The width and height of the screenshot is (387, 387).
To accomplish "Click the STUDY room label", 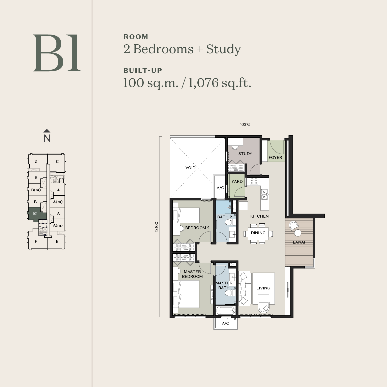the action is point(245,154).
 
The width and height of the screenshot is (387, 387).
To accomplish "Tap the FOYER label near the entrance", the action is point(275,157).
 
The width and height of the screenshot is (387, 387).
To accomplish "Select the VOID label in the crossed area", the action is point(190,168).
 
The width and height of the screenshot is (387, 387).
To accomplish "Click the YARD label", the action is point(237,181).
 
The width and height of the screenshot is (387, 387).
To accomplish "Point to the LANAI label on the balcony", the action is point(299,242).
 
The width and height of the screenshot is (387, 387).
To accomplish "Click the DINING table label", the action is point(258,233).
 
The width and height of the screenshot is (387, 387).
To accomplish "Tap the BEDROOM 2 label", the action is point(197,228).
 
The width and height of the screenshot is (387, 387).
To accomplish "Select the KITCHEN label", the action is point(259,216).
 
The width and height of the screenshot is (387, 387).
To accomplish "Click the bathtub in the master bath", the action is point(226,310).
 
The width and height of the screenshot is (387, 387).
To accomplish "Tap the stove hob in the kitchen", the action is point(254,181).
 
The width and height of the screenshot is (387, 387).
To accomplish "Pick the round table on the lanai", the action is point(298,233).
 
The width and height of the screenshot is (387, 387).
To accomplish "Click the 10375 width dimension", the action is point(245,124).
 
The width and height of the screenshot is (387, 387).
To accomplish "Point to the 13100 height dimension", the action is point(157,227).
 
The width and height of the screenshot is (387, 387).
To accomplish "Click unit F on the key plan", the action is point(36,241).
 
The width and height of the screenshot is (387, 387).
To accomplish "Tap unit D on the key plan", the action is point(36,161).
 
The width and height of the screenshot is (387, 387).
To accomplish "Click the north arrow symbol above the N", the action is point(47,131).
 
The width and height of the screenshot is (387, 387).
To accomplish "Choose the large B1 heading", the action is point(57,53).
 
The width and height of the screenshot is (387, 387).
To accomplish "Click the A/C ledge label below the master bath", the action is point(225,323).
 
